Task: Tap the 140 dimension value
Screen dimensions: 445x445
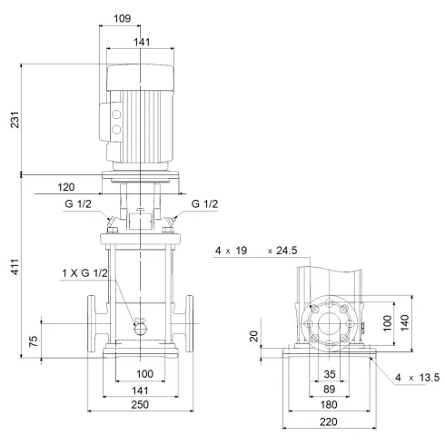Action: coord(407,321)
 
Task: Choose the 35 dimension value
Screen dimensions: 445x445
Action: coord(330,373)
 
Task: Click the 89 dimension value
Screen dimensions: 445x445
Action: coord(330,388)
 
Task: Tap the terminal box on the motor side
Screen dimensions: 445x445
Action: coord(116,121)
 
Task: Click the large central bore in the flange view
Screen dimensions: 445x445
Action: coord(329,322)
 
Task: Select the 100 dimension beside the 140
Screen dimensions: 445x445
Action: coord(388,321)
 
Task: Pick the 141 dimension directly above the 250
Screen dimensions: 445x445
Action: coord(139,389)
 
